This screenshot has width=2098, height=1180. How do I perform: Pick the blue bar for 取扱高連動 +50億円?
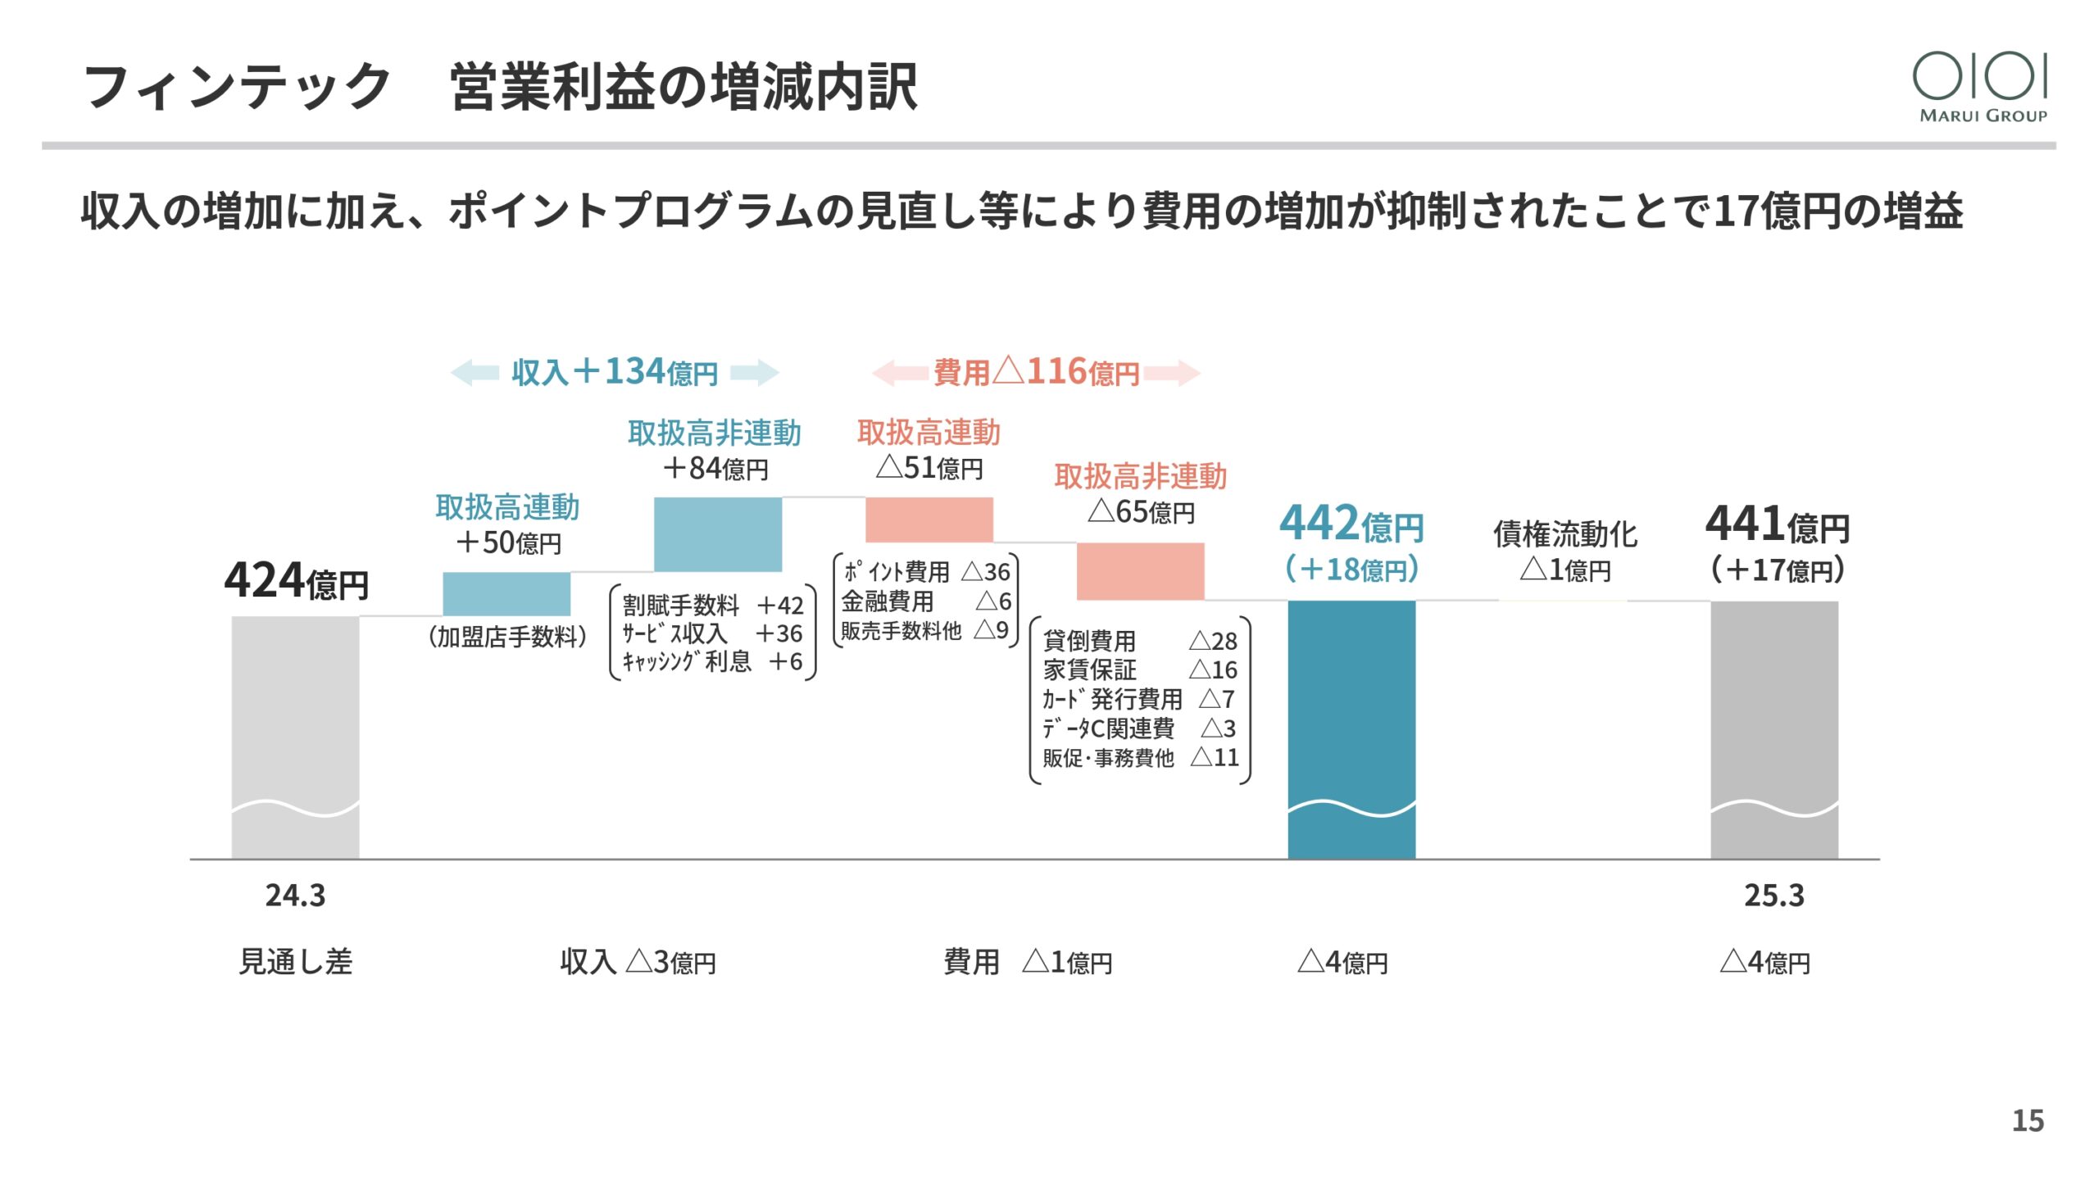506,594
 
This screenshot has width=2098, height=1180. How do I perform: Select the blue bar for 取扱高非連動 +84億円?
718,534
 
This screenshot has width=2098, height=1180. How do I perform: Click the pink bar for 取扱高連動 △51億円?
929,520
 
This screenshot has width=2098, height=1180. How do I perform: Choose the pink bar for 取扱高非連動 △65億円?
1141,571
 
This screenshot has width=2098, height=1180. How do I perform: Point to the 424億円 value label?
297,581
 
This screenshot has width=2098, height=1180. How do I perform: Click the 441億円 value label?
1778,524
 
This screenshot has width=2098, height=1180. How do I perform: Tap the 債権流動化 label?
1565,534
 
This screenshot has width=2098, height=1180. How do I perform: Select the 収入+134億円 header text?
615,373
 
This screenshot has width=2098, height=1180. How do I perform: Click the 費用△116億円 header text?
1037,373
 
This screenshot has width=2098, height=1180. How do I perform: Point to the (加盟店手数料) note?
508,637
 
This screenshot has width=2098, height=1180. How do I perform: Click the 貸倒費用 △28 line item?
1140,641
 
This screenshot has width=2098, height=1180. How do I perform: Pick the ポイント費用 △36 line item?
927,571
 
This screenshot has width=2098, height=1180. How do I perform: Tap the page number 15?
2028,1120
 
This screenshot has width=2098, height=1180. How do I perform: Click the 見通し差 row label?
295,961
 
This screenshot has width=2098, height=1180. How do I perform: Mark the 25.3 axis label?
1774,896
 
